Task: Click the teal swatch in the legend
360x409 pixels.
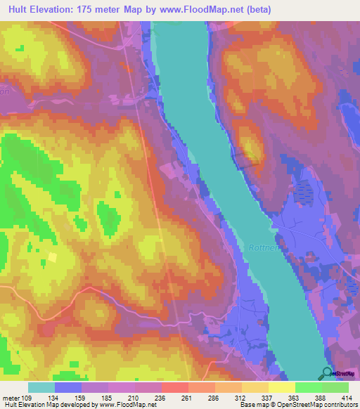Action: click(41, 387)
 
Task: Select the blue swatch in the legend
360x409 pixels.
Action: click(67, 387)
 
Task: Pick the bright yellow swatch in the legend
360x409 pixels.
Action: click(281, 387)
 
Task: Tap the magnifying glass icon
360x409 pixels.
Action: click(327, 374)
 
